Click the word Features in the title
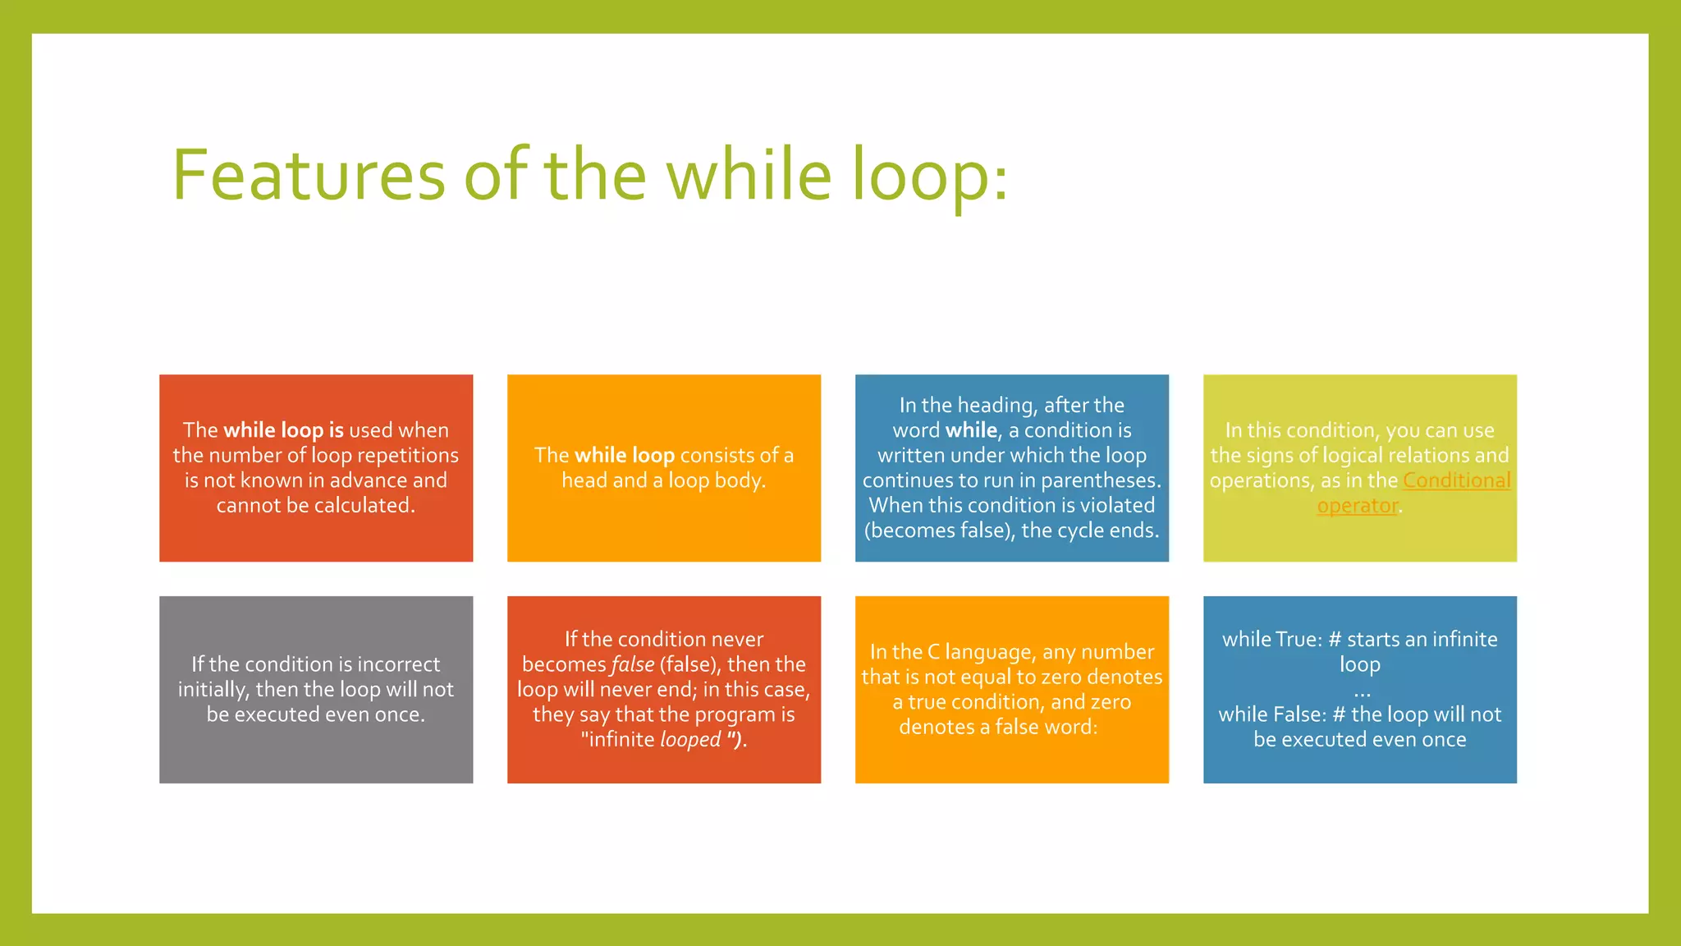click(309, 175)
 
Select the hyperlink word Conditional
click(1456, 480)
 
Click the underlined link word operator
click(1357, 506)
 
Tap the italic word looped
click(690, 740)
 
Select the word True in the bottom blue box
click(1297, 640)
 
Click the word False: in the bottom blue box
click(1299, 714)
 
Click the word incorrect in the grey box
click(398, 664)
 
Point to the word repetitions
click(408, 456)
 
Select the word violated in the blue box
click(1117, 506)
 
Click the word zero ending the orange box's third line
click(1111, 702)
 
